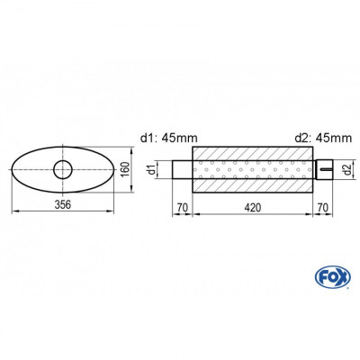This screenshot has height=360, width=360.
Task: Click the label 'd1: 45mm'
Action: pos(170,138)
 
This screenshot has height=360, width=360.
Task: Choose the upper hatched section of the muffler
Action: pos(256,154)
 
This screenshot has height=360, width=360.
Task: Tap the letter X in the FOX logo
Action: pos(338,274)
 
